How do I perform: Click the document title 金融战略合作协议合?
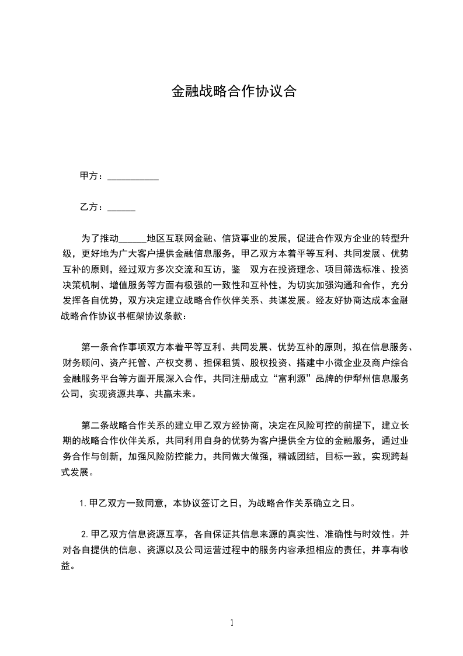tap(233, 92)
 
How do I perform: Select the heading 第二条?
tap(95, 424)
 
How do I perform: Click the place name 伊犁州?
tap(350, 378)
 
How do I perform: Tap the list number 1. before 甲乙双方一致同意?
tap(83, 502)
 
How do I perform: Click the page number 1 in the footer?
tap(232, 623)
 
